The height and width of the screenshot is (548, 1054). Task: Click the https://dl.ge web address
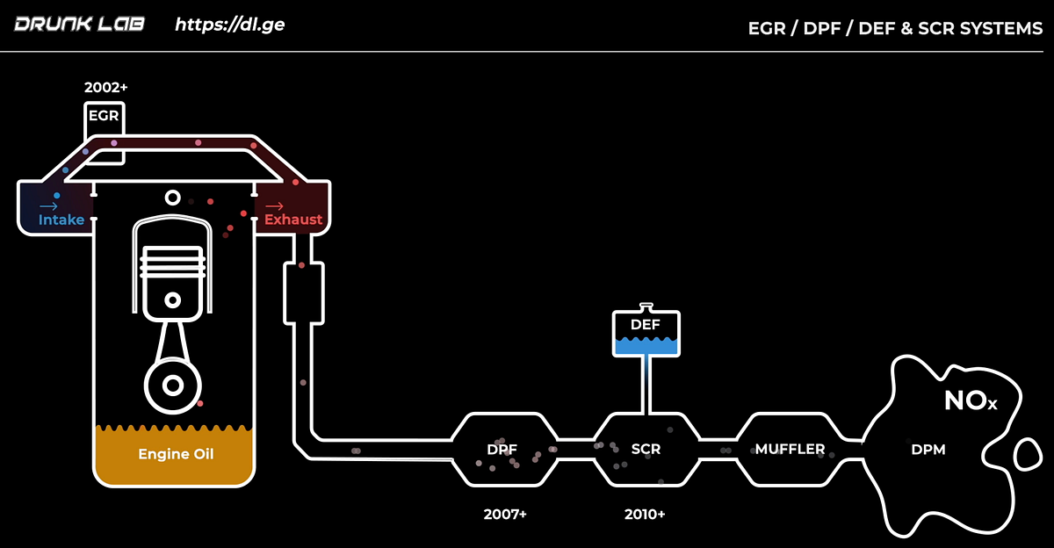click(229, 24)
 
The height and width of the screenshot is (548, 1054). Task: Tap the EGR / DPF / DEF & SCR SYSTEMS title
click(895, 28)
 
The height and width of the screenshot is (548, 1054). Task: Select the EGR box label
click(103, 116)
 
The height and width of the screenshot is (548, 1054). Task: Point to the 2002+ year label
click(106, 88)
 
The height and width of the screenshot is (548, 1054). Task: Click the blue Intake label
click(61, 220)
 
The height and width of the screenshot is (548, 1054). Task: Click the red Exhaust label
click(293, 220)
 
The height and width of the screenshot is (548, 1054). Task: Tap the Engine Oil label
click(176, 454)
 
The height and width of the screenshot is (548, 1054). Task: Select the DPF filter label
click(502, 449)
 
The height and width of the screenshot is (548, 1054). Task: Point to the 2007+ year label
click(505, 515)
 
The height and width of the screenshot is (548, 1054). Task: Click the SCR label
click(646, 449)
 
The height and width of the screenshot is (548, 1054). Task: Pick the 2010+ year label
click(645, 515)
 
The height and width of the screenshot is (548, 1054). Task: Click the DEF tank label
click(646, 325)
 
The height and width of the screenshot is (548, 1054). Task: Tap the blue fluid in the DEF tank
click(646, 346)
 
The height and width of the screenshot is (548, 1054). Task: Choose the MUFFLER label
click(790, 449)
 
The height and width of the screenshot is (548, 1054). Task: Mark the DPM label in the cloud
click(928, 450)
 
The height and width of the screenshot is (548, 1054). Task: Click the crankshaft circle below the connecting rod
click(173, 385)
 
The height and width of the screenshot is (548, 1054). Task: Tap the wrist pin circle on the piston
click(173, 300)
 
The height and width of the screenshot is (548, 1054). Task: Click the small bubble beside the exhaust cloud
click(1025, 454)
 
